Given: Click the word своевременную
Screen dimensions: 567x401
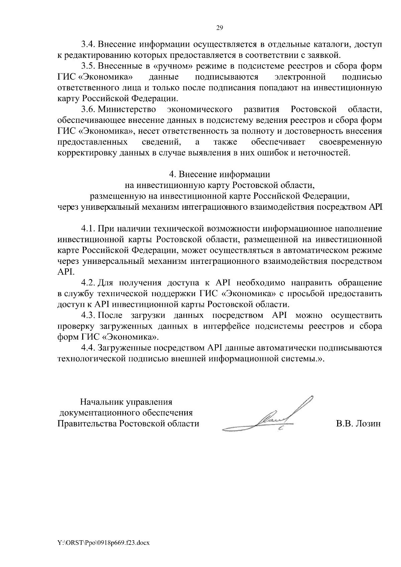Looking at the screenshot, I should pyautogui.click(x=351, y=142).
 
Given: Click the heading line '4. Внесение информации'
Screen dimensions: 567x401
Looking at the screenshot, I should pyautogui.click(x=220, y=174).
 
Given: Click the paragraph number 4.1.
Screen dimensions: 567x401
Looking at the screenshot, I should pyautogui.click(x=88, y=229).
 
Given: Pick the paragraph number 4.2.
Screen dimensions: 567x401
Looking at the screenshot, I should pyautogui.click(x=88, y=283).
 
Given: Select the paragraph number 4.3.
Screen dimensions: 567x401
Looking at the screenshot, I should pyautogui.click(x=88, y=316).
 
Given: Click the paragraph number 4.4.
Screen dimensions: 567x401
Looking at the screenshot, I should pyautogui.click(x=88, y=348).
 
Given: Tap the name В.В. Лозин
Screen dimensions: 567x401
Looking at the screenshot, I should pyautogui.click(x=358, y=424).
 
